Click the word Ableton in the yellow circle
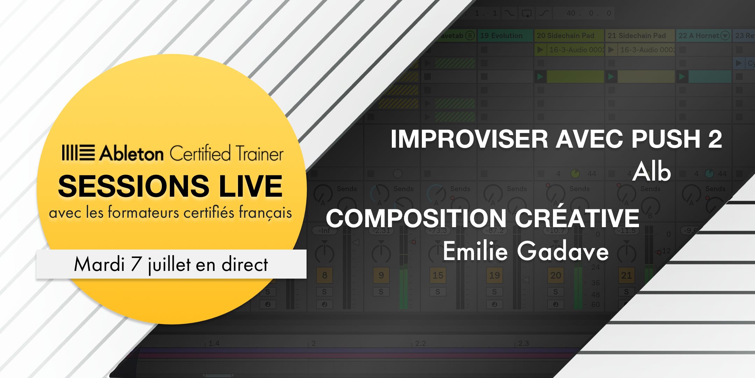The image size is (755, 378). (x=131, y=153)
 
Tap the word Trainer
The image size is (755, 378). (x=259, y=153)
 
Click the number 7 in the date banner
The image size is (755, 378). (x=136, y=264)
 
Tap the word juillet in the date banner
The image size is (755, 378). (x=170, y=265)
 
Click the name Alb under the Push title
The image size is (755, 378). (x=652, y=172)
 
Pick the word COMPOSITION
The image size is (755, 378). (x=416, y=218)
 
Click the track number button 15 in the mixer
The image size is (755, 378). (x=438, y=275)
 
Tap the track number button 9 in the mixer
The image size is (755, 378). (x=381, y=275)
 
